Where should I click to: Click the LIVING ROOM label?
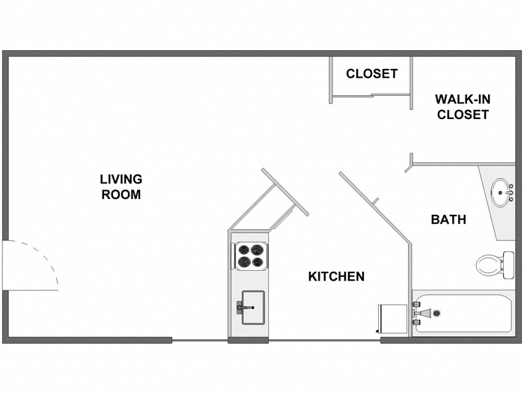click(121, 186)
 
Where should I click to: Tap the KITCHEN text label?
click(336, 276)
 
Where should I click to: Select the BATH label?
click(448, 219)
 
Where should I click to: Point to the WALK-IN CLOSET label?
click(463, 106)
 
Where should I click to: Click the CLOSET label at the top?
click(371, 73)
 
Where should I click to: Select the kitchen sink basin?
click(252, 308)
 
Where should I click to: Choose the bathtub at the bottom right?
click(463, 314)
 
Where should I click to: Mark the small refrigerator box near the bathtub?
click(393, 320)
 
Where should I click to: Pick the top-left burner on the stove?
click(243, 249)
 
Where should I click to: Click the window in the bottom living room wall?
click(200, 341)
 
